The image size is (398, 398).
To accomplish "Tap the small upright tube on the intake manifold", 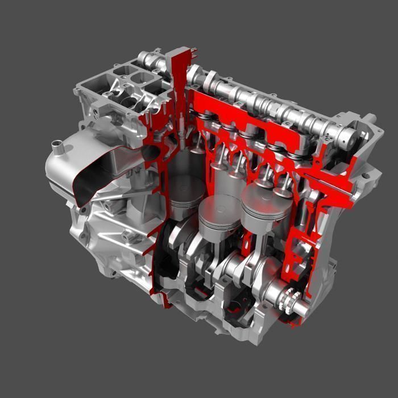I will click(57, 150).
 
